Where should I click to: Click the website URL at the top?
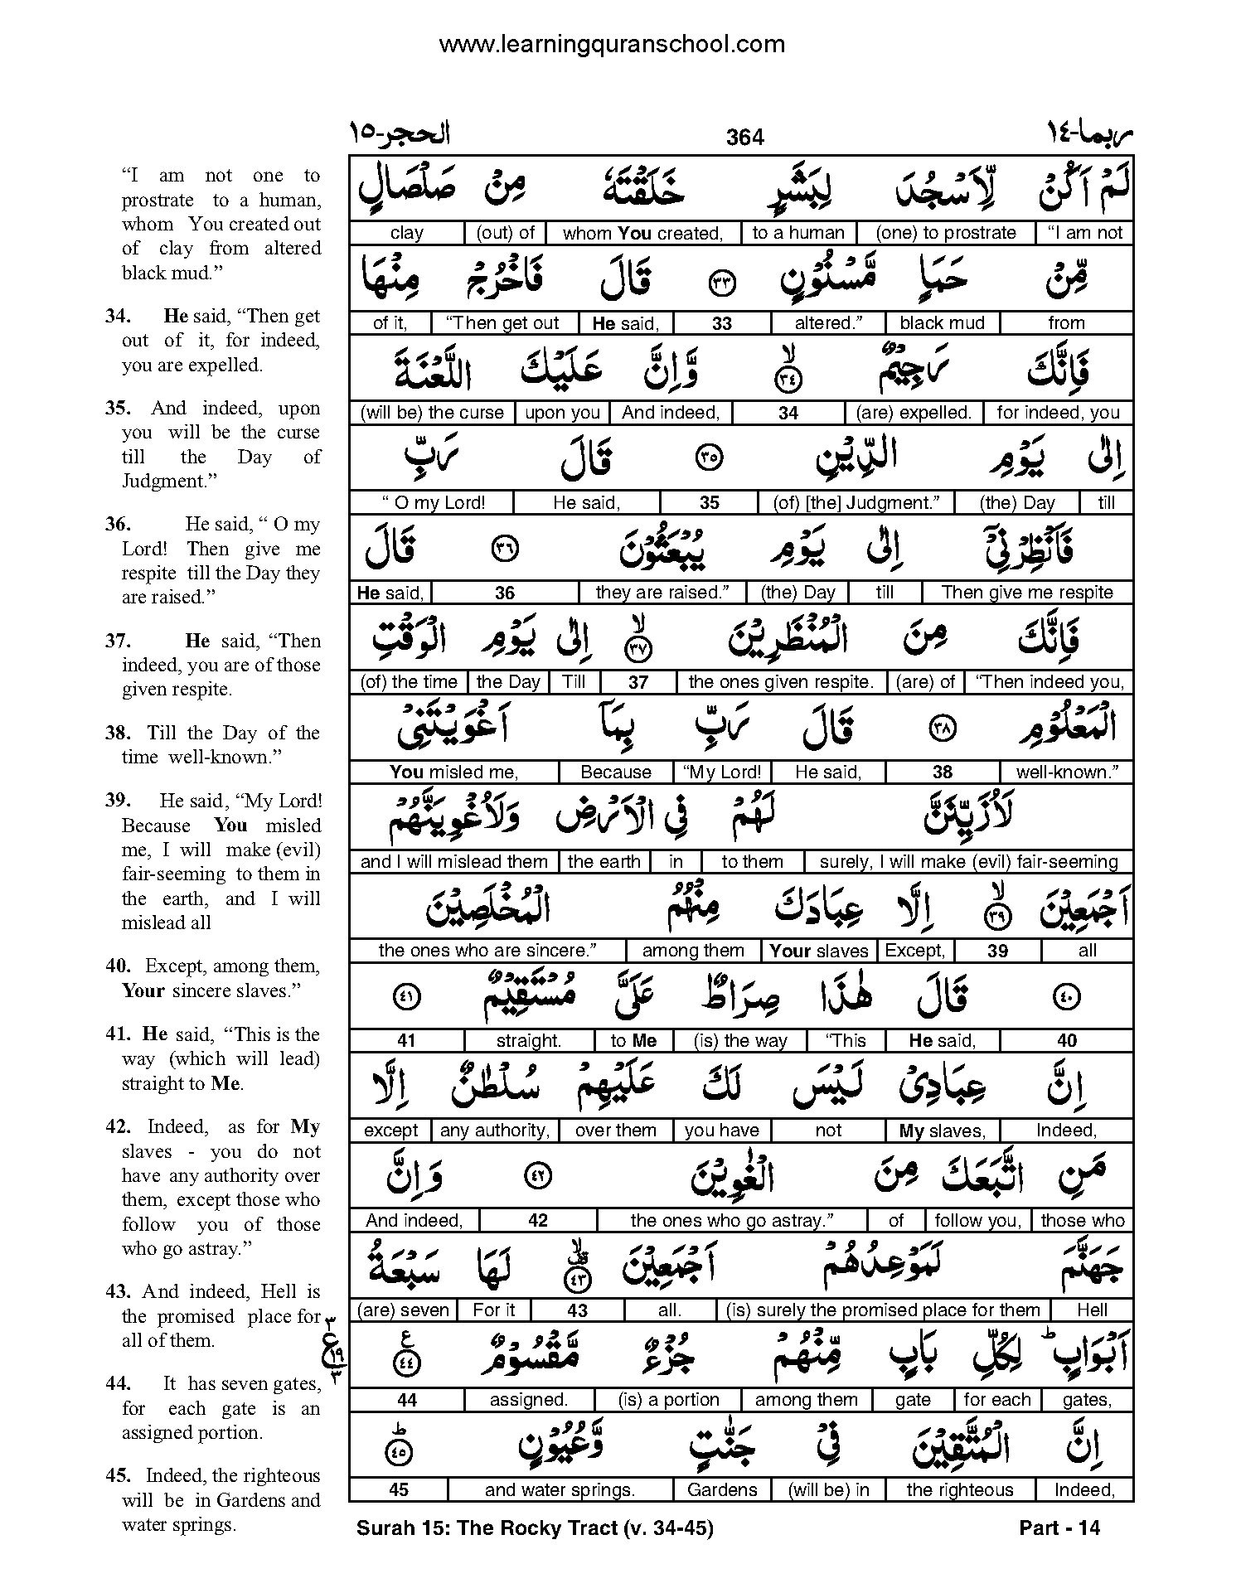pyautogui.click(x=611, y=43)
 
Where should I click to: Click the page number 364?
pyautogui.click(x=744, y=137)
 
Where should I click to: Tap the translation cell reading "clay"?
pyautogui.click(x=406, y=233)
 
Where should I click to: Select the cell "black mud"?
pyautogui.click(x=942, y=322)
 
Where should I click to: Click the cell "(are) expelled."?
pyautogui.click(x=913, y=413)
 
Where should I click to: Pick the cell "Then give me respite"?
pyautogui.click(x=1027, y=592)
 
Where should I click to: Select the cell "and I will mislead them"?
pyautogui.click(x=453, y=861)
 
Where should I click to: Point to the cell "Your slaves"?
pyautogui.click(x=818, y=951)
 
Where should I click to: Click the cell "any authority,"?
pyautogui.click(x=495, y=1130)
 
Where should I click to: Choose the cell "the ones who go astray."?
pyautogui.click(x=731, y=1220)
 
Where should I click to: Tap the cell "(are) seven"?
pyautogui.click(x=403, y=1310)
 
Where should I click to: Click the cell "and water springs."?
pyautogui.click(x=560, y=1489)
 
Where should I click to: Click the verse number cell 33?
pyautogui.click(x=722, y=323)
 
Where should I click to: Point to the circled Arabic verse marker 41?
pyautogui.click(x=410, y=997)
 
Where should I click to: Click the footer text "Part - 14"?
pyautogui.click(x=1059, y=1528)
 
